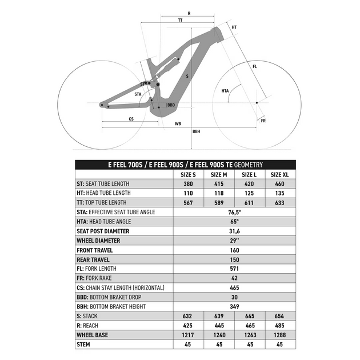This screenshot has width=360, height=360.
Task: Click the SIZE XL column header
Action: click(x=279, y=174)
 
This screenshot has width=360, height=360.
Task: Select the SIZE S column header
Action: click(x=188, y=174)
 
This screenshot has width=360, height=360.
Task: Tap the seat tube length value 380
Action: click(x=188, y=183)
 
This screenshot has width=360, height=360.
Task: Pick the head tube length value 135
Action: click(x=279, y=193)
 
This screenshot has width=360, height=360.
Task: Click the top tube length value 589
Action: click(x=219, y=202)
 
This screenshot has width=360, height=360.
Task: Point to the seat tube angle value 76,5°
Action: click(x=234, y=212)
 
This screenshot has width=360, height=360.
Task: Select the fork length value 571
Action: click(x=234, y=269)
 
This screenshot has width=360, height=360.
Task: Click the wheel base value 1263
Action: click(x=249, y=335)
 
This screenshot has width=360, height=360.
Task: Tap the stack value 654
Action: click(x=279, y=316)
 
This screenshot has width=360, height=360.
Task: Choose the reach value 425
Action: click(x=188, y=325)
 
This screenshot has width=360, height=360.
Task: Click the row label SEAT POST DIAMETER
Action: click(x=103, y=231)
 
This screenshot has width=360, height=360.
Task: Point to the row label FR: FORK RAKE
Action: click(x=97, y=278)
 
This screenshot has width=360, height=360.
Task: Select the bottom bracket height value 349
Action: click(x=234, y=306)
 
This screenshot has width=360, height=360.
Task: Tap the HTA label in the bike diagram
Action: click(x=225, y=91)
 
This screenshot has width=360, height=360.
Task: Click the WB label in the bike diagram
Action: click(x=178, y=123)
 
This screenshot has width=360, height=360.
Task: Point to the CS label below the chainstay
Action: click(x=131, y=119)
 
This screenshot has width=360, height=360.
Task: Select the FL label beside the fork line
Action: click(x=255, y=67)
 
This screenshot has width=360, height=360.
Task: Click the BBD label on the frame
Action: click(x=171, y=105)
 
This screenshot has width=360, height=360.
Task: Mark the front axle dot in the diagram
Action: click(x=257, y=102)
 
